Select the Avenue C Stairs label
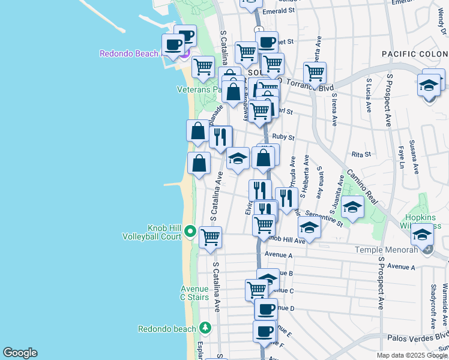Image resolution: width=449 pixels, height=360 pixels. pyautogui.click(x=194, y=293)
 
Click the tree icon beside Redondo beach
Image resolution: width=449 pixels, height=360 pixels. pyautogui.click(x=205, y=328)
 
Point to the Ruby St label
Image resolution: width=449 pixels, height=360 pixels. pyautogui.click(x=283, y=137)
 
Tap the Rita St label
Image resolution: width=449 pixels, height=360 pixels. pyautogui.click(x=361, y=154)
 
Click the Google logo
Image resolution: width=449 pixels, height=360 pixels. pyautogui.click(x=20, y=352)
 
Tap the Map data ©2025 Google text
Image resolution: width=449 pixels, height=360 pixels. pyautogui.click(x=411, y=355)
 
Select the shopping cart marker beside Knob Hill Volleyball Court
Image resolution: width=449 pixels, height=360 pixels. pyautogui.click(x=211, y=238)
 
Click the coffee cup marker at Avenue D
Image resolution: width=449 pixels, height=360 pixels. pyautogui.click(x=266, y=310)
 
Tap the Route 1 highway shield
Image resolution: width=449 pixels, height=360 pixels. pyautogui.click(x=258, y=29)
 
